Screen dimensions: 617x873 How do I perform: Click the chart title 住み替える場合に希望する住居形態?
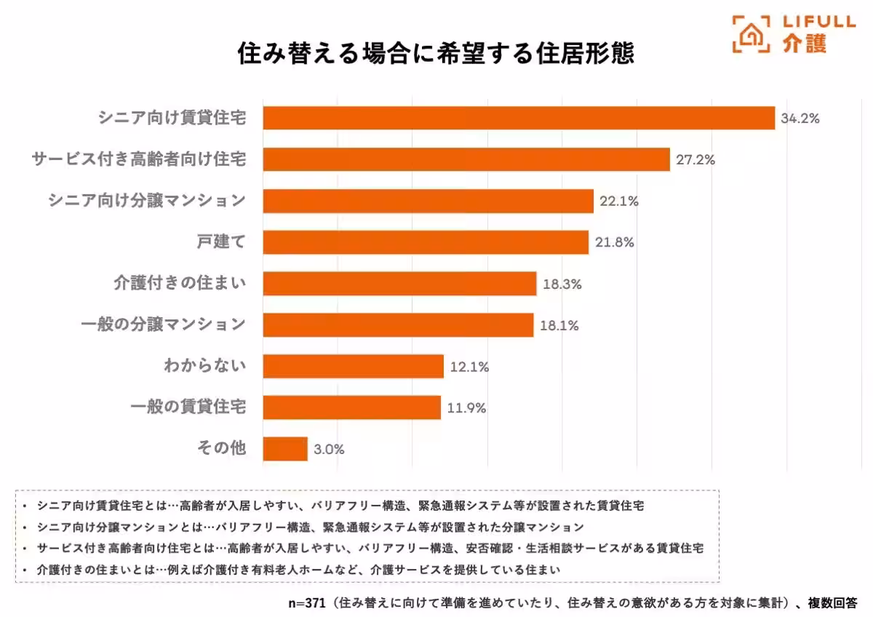click(x=436, y=54)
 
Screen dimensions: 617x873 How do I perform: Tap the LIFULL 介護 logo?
click(x=793, y=33)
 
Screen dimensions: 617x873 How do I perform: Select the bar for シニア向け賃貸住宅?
click(x=519, y=118)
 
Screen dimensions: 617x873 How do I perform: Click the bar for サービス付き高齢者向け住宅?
click(x=466, y=159)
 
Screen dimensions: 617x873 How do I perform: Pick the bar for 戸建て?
click(x=426, y=242)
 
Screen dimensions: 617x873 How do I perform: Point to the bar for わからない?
click(x=353, y=367)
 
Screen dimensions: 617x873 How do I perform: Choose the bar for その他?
click(x=285, y=449)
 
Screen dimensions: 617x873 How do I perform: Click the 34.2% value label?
click(x=800, y=119)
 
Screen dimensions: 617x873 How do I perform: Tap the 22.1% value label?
click(x=618, y=202)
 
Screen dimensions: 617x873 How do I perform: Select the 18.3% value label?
click(x=562, y=284)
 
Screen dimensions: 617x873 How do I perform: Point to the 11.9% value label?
click(x=466, y=408)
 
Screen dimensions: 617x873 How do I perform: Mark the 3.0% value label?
click(x=329, y=450)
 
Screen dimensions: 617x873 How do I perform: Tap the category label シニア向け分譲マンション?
click(x=146, y=201)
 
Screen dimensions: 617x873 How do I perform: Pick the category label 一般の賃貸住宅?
click(x=188, y=407)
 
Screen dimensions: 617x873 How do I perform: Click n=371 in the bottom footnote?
click(x=306, y=603)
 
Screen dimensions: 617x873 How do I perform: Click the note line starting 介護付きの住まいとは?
click(x=298, y=570)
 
